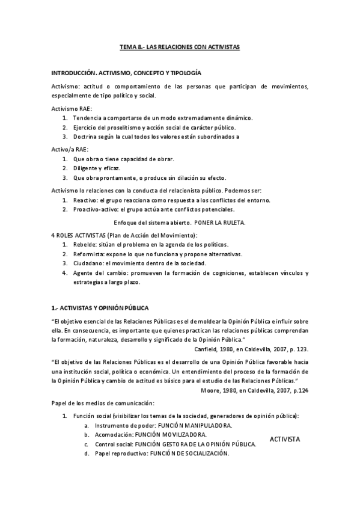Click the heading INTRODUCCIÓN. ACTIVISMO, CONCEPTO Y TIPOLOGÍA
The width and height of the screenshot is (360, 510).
pos(126,72)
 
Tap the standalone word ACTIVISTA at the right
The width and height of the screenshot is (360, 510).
pos(285,439)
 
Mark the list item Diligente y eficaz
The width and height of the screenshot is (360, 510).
pos(97,168)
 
